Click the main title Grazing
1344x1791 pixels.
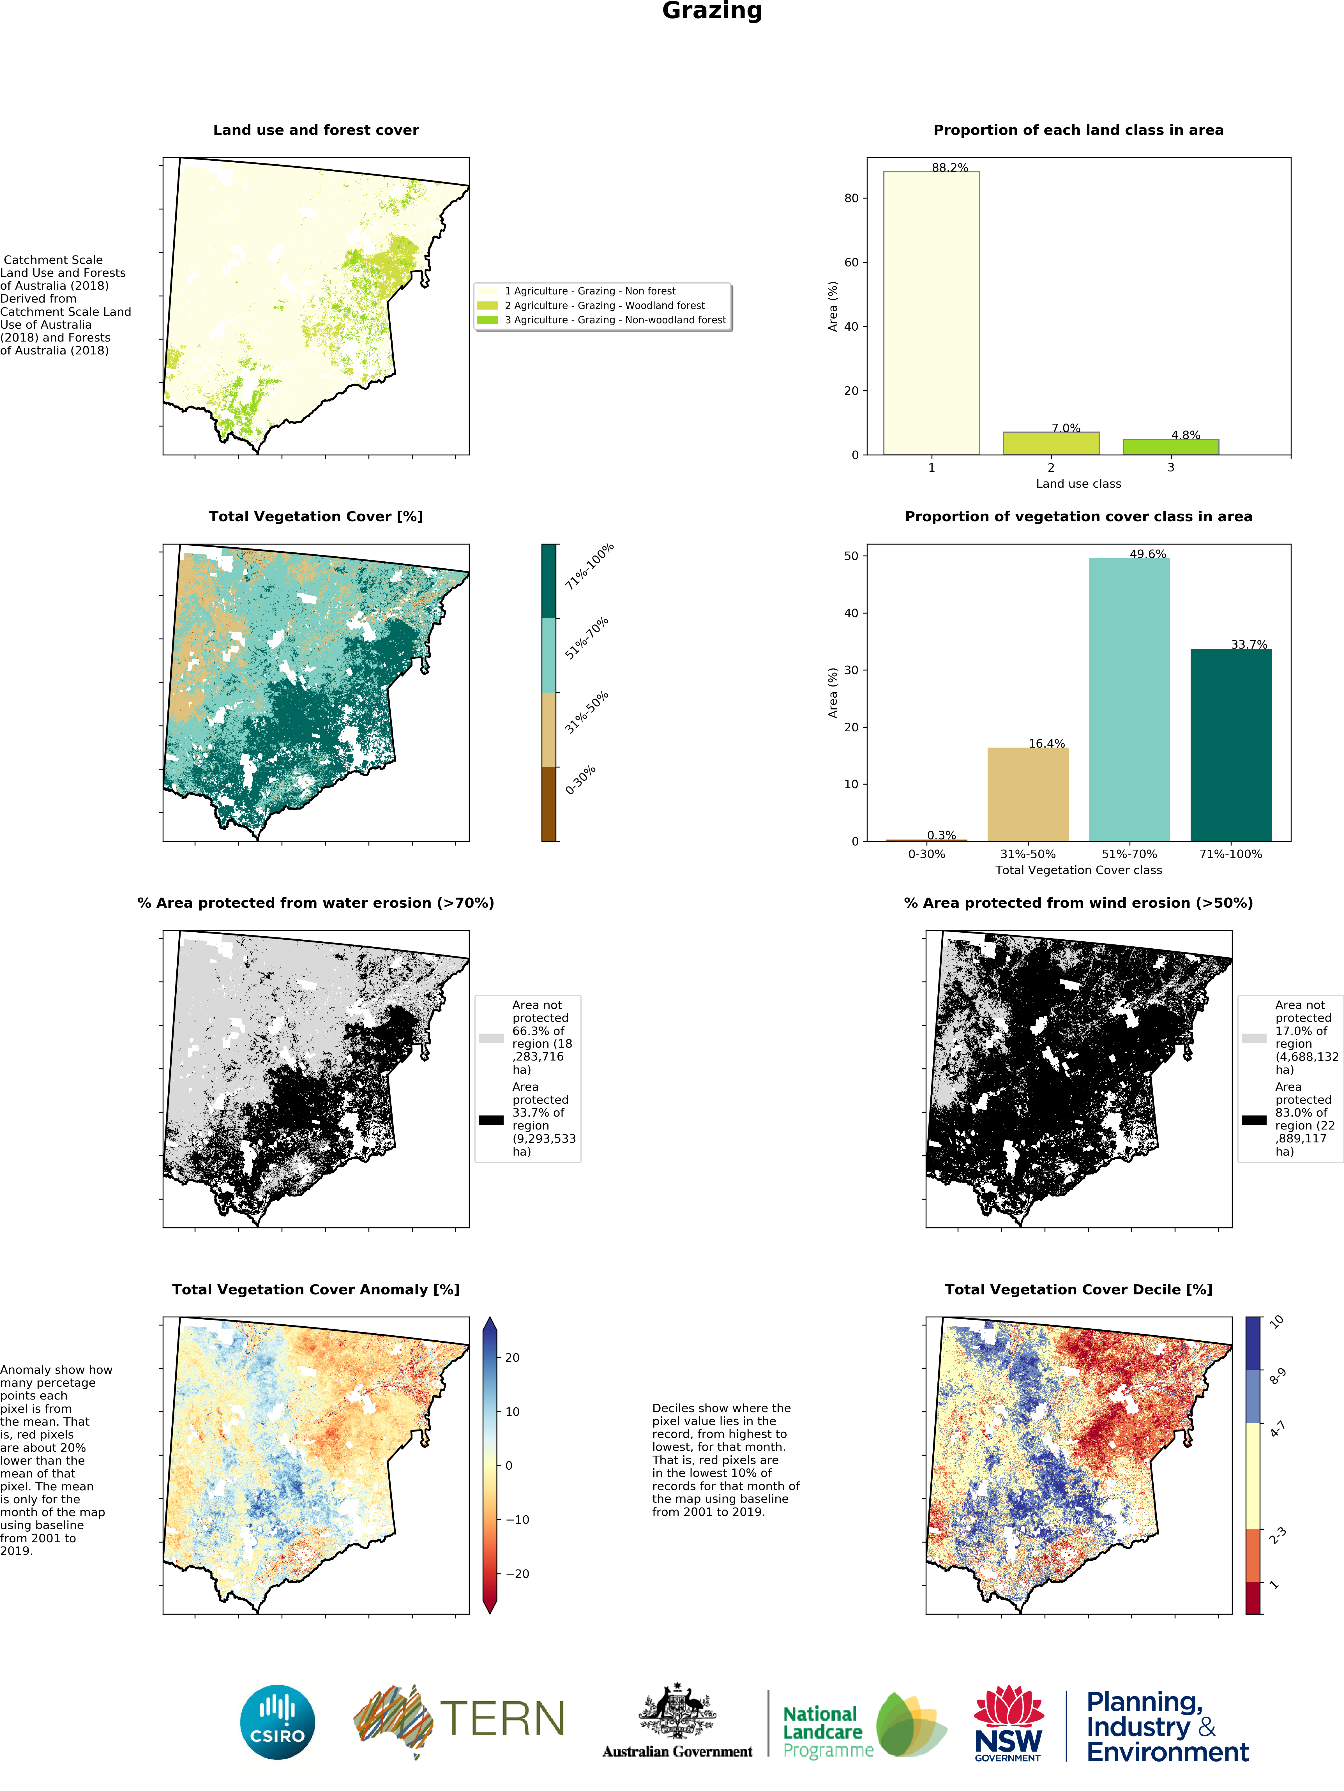click(x=712, y=11)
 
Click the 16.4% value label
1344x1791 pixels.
click(x=1046, y=743)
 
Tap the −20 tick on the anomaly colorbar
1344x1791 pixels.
click(x=517, y=1573)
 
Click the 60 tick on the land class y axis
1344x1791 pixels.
click(x=851, y=262)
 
